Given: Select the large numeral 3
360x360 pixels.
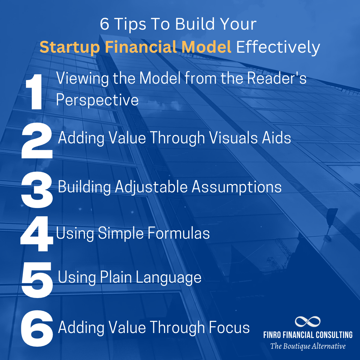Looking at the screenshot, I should (x=37, y=188).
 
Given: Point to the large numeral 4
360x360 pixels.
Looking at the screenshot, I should (x=37, y=234).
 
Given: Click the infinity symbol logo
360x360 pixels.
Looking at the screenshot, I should (x=307, y=322).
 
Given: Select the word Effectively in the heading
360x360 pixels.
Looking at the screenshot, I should (x=278, y=48).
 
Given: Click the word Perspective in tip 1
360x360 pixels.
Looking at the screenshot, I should (x=97, y=100).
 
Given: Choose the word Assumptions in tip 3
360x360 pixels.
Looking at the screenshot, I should (x=237, y=187).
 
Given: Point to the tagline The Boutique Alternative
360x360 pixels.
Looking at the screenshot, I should (x=308, y=346).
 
